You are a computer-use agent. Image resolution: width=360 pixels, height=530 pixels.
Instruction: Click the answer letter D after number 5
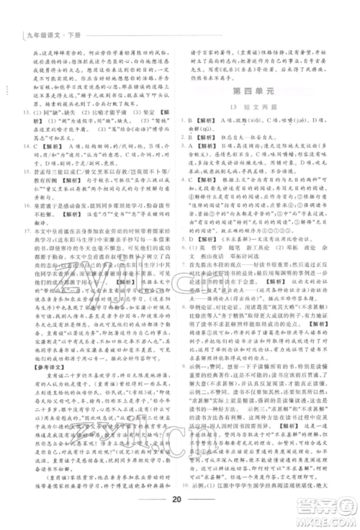coord(199,273)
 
